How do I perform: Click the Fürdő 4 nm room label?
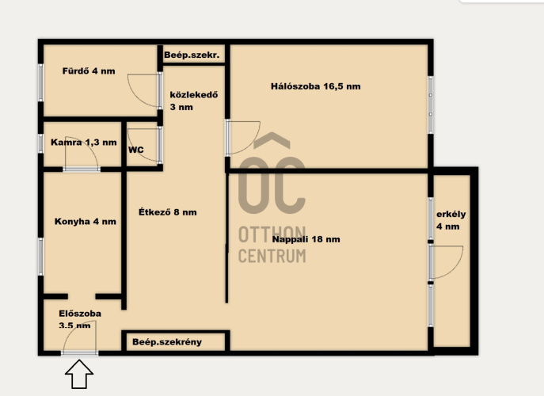[x=89, y=71]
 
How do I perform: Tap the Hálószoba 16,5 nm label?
[x=315, y=86]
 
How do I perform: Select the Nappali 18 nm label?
[x=306, y=239]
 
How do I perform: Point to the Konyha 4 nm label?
[x=86, y=222]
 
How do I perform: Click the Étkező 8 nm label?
[x=168, y=212]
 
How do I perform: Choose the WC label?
[x=136, y=150]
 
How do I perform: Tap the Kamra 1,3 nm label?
[x=84, y=142]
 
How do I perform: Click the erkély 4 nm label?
[x=451, y=220]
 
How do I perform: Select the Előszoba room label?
[x=80, y=314]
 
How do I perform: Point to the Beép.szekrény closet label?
[x=167, y=342]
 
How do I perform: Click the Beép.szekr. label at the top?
[x=192, y=55]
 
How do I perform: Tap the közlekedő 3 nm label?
[x=193, y=101]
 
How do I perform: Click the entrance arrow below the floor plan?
[x=79, y=374]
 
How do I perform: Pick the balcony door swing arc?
[x=455, y=267]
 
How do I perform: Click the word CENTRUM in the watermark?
[x=272, y=256]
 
